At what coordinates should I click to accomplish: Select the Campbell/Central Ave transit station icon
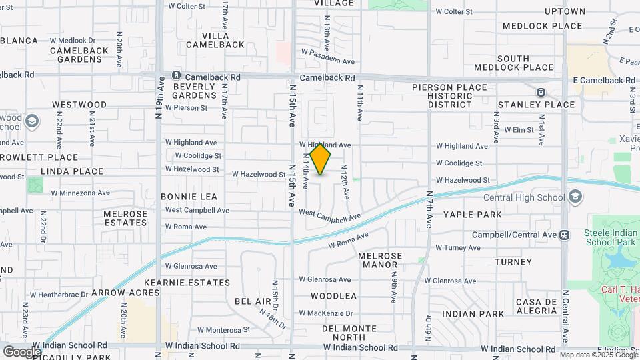click(x=565, y=235)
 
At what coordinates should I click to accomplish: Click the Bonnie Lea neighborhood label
click(x=189, y=197)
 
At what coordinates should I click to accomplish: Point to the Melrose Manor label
click(x=380, y=260)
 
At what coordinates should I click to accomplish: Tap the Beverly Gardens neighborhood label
click(x=195, y=91)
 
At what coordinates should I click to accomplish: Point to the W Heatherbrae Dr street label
click(x=59, y=294)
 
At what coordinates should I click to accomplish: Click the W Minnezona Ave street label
click(x=80, y=193)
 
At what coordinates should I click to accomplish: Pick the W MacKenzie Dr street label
click(x=326, y=313)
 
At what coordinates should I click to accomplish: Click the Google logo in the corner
click(x=22, y=351)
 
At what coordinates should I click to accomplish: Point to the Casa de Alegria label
click(x=536, y=306)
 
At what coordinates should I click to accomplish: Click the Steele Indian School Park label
click(x=615, y=237)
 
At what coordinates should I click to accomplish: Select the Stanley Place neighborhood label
click(x=536, y=105)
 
